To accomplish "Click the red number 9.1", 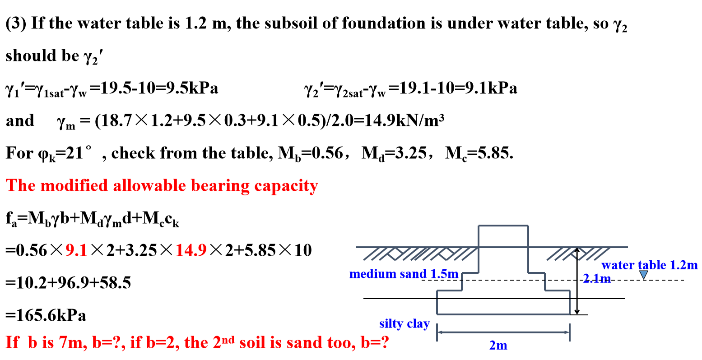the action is (76, 250).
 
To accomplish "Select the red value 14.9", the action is (191, 250).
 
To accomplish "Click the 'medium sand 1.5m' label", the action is (404, 274).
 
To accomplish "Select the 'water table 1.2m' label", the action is (650, 265).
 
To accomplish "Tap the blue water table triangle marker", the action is (644, 274).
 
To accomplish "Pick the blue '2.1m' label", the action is (597, 279).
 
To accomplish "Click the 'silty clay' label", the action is (404, 324).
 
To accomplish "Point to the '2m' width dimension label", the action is (498, 346).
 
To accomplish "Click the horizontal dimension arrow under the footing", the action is (503, 332).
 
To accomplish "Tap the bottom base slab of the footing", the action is (503, 302).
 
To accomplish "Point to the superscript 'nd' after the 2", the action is (229, 339).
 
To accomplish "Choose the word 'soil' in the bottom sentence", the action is (253, 343).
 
